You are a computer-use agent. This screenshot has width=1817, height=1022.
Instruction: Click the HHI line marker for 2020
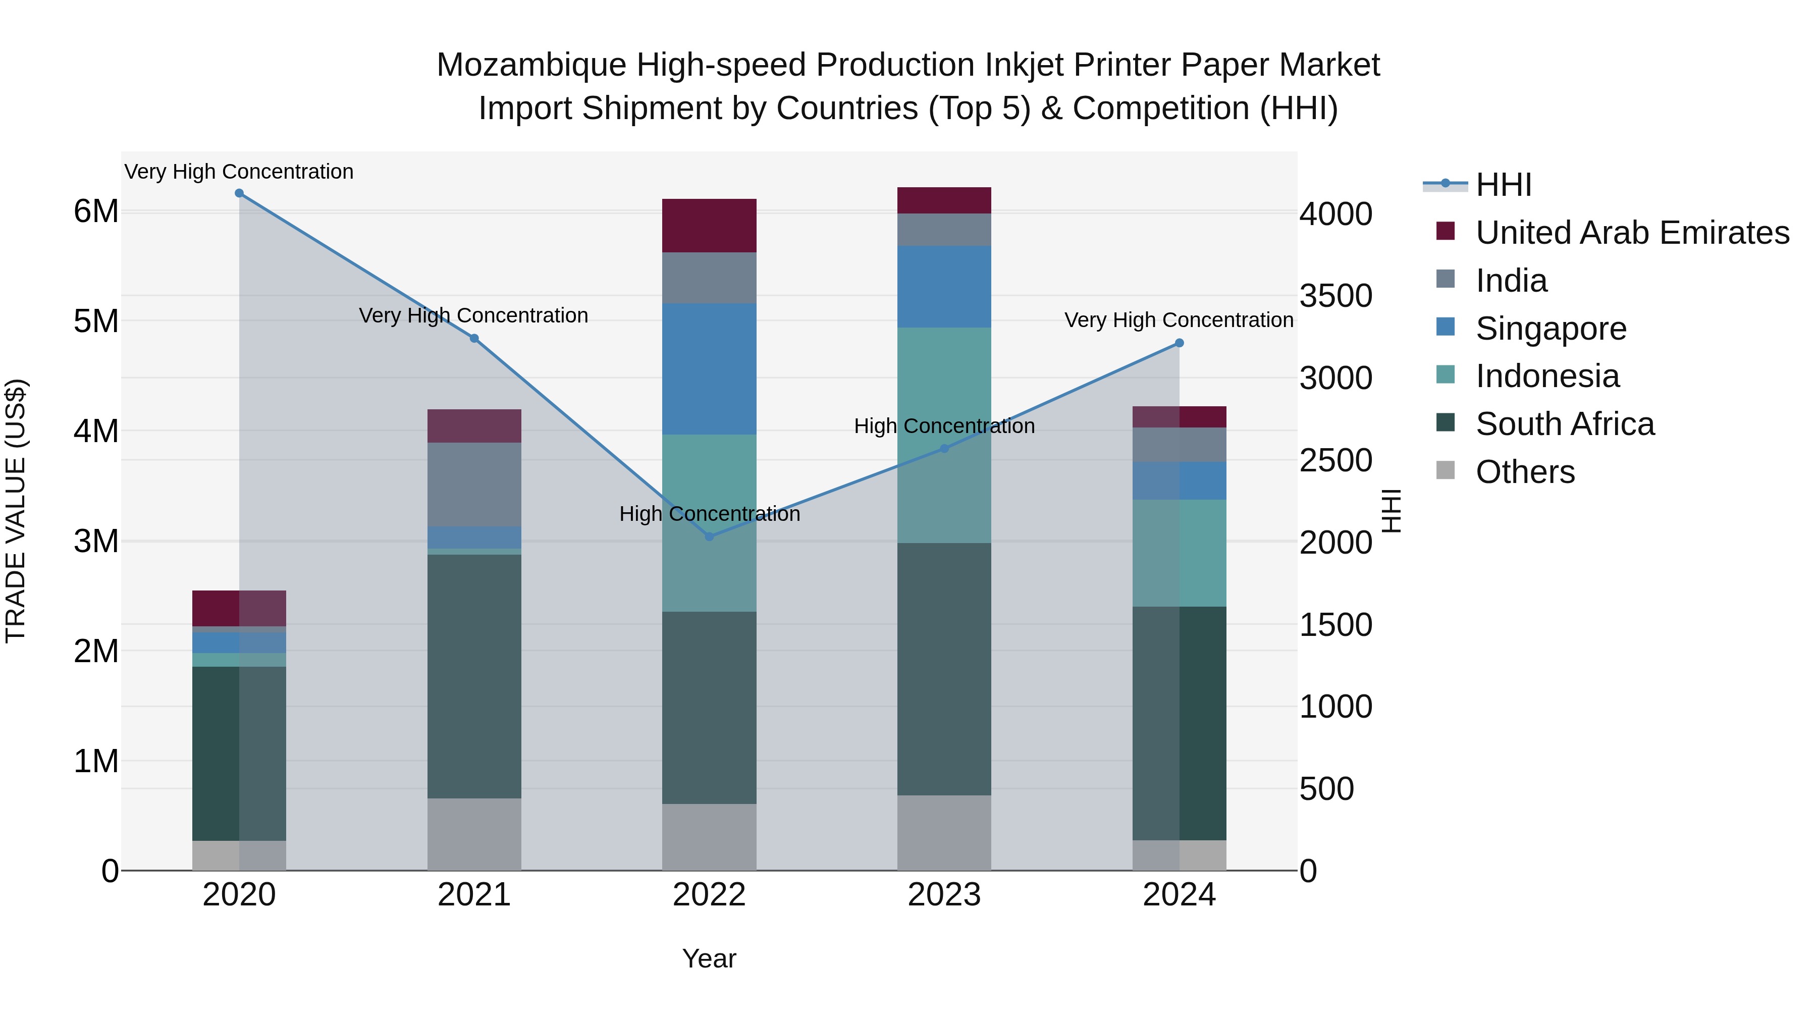tap(239, 193)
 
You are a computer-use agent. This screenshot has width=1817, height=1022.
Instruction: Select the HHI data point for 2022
tap(710, 537)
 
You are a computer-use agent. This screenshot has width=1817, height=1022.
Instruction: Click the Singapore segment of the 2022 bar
tap(710, 369)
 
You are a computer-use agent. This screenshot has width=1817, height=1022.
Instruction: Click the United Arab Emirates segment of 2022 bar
tap(710, 226)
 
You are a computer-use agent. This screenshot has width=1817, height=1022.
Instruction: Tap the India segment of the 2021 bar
tap(474, 485)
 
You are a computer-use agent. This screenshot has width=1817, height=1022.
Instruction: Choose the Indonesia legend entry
tap(1547, 376)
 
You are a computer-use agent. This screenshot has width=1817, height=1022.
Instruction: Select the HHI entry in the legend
tap(1503, 185)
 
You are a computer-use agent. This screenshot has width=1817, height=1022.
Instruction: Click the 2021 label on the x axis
tap(474, 895)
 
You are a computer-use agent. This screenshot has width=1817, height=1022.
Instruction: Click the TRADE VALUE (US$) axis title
tap(16, 511)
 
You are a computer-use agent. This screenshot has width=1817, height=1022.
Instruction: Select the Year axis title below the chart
tap(709, 958)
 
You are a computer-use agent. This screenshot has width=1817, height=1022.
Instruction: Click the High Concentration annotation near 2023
tap(944, 426)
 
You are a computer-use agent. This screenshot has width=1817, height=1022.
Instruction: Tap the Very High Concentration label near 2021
tap(473, 315)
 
